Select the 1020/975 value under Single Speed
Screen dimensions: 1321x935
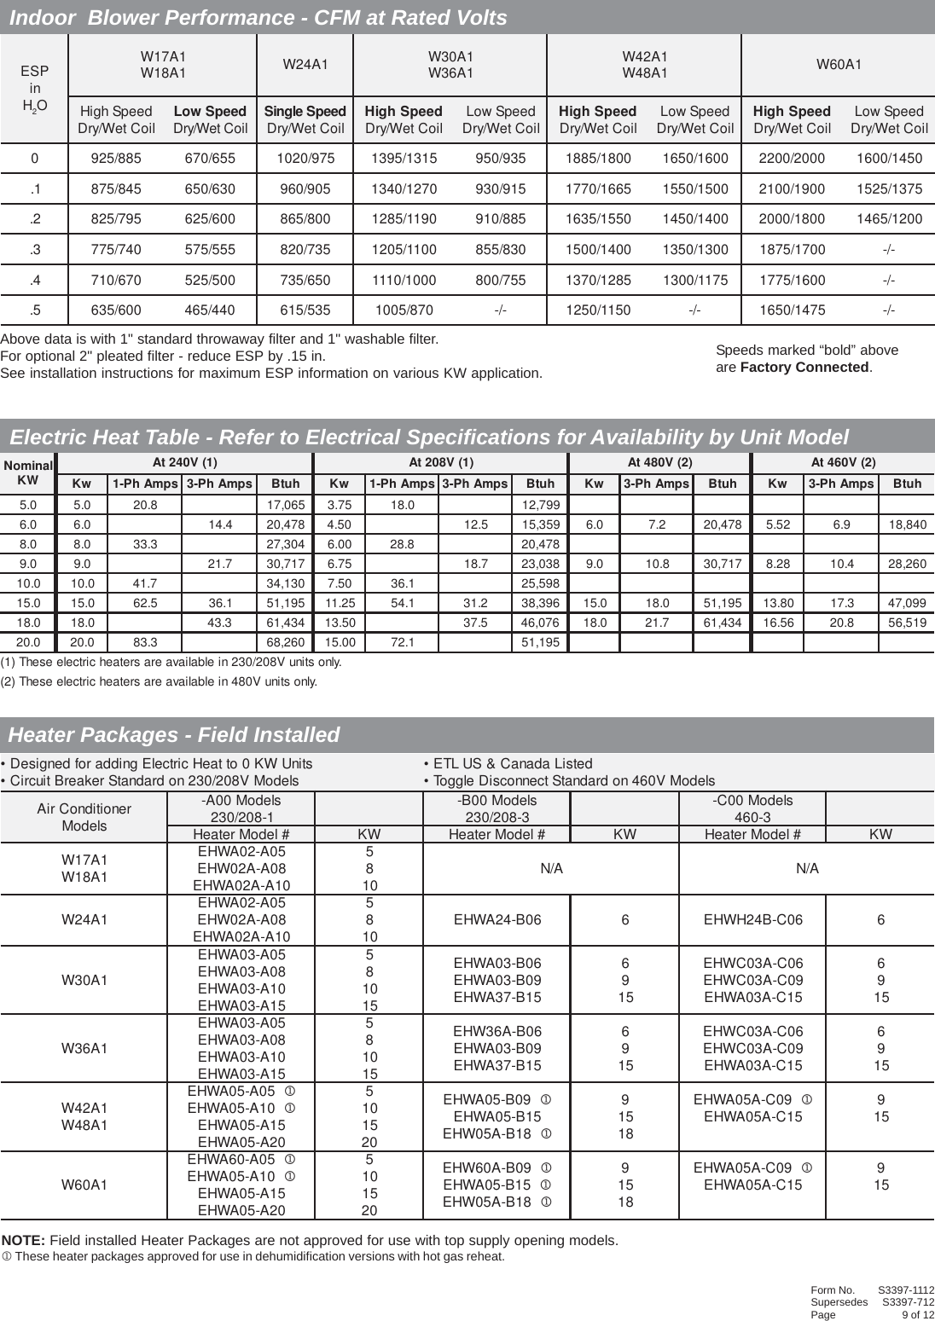[305, 158]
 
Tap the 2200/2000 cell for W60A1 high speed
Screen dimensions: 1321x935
[792, 158]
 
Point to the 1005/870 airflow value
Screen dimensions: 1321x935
[404, 310]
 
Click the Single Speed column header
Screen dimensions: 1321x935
[305, 112]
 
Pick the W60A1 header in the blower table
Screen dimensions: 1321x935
[839, 65]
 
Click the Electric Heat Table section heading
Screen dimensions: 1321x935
[428, 437]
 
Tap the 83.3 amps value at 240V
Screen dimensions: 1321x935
[145, 641]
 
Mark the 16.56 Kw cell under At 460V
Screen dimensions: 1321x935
[778, 623]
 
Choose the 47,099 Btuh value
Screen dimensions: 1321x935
[907, 603]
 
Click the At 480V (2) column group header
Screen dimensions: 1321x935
[660, 462]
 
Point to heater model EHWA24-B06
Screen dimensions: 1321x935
[497, 920]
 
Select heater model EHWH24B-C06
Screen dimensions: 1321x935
[753, 920]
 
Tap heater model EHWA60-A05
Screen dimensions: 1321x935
[235, 1160]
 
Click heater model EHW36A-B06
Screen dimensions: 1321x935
[497, 1031]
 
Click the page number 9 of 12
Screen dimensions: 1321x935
[918, 1314]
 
